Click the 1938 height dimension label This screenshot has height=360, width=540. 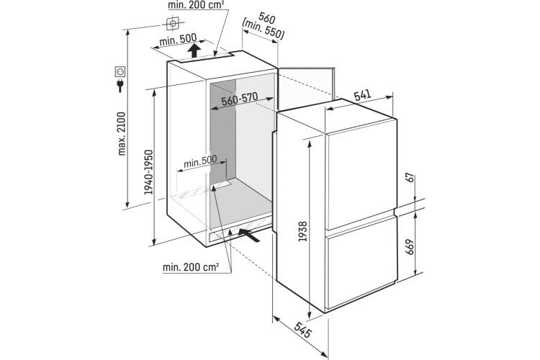[x=302, y=231]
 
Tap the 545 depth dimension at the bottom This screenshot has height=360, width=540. [x=302, y=330]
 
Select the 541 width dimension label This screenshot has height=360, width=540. [x=363, y=96]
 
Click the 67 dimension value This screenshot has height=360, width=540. [x=410, y=179]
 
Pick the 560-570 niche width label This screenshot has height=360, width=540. [x=240, y=99]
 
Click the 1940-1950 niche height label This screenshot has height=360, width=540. [x=148, y=172]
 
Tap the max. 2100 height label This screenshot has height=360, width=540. [x=122, y=134]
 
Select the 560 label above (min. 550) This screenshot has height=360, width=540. [x=267, y=17]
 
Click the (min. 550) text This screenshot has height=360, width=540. [x=264, y=30]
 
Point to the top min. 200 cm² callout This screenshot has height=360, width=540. [x=197, y=5]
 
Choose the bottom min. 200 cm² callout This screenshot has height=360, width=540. [x=191, y=267]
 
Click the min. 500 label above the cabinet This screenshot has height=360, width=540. [x=178, y=40]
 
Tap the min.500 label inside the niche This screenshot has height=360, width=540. [x=200, y=161]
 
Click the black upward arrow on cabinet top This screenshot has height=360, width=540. [x=194, y=50]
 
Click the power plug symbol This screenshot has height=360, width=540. [x=120, y=86]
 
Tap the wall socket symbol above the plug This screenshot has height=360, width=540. [x=120, y=72]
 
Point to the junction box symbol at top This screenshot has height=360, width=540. [x=173, y=24]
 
